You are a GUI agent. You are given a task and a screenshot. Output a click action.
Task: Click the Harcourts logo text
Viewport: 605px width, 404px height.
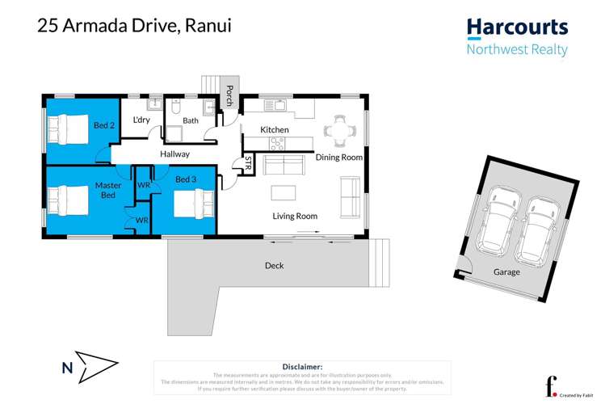pyautogui.click(x=517, y=27)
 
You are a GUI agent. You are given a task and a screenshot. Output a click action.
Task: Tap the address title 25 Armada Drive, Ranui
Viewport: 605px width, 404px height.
pyautogui.click(x=134, y=25)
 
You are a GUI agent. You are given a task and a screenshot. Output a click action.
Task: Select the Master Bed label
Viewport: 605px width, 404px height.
pyautogui.click(x=108, y=191)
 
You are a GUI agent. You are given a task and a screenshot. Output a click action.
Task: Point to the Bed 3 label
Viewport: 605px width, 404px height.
pyautogui.click(x=186, y=179)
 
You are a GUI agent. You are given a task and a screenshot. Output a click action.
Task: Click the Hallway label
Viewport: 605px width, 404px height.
pyautogui.click(x=174, y=154)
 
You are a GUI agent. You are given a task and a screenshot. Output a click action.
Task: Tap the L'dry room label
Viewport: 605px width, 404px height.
pyautogui.click(x=141, y=120)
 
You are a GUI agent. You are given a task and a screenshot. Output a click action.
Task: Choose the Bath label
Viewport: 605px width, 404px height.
pyautogui.click(x=191, y=121)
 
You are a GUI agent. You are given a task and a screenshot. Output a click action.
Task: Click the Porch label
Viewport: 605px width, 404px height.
pyautogui.click(x=229, y=95)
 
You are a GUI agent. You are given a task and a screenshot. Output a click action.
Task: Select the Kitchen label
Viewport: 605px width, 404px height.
pyautogui.click(x=274, y=130)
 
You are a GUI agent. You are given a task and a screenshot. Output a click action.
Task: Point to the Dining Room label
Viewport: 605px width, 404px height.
pyautogui.click(x=338, y=158)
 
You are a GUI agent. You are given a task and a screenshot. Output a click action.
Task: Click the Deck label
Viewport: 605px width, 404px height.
pyautogui.click(x=274, y=265)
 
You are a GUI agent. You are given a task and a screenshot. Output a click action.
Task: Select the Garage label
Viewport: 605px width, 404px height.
pyautogui.click(x=506, y=272)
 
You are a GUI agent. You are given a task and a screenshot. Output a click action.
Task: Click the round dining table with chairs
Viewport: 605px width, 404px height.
pyautogui.click(x=338, y=128)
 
